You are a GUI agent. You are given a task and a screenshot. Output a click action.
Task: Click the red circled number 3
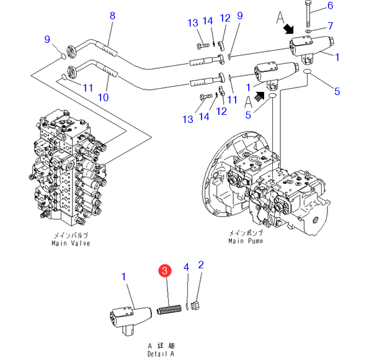tap(164, 271)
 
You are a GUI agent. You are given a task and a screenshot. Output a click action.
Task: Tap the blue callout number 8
tap(113, 16)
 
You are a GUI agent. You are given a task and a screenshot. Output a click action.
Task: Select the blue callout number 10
tap(104, 97)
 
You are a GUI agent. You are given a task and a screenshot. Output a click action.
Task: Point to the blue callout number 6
tap(330, 6)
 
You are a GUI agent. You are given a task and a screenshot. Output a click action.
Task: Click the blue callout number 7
tap(330, 26)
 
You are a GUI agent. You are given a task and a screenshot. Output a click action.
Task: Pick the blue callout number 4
tap(186, 267)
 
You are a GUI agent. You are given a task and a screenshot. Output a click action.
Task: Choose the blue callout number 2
tap(201, 265)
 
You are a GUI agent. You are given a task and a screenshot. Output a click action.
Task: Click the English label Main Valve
tap(71, 243)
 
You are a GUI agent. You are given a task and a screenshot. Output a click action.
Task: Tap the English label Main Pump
tap(246, 241)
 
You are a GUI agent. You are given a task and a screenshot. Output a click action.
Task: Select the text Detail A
tap(161, 354)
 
